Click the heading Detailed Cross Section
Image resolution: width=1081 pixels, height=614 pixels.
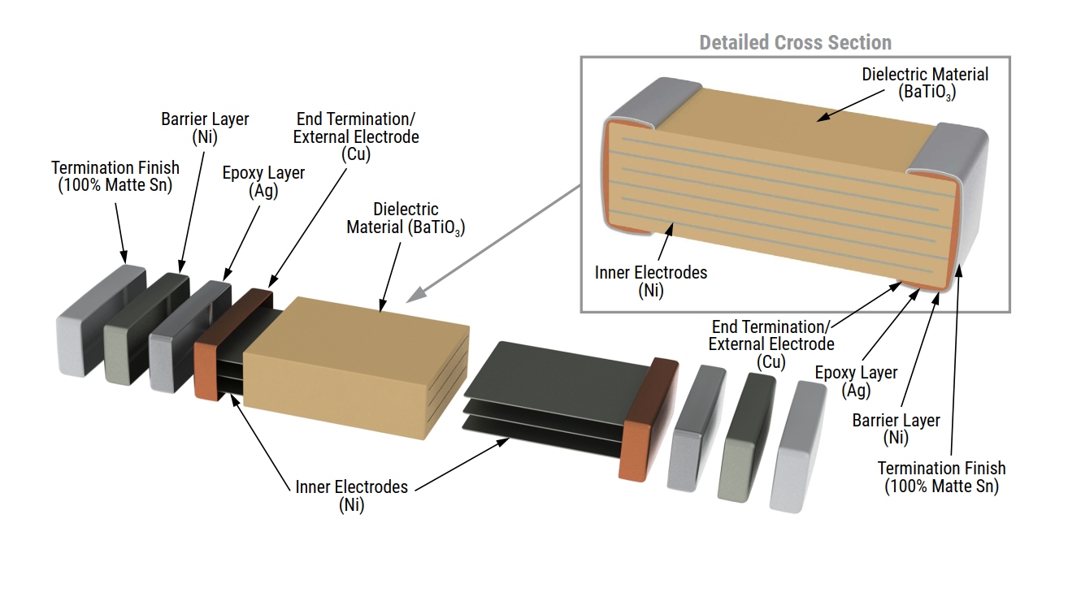click(795, 42)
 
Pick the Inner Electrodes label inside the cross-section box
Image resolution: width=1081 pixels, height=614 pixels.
click(650, 281)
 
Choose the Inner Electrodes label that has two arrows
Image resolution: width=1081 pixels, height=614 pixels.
click(351, 495)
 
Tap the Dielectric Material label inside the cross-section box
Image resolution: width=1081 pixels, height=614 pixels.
click(925, 82)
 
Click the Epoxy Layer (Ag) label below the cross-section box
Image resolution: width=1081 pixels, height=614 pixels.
click(856, 381)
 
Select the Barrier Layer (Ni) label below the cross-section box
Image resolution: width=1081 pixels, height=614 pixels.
click(896, 429)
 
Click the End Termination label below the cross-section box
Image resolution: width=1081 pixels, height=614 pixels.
click(771, 344)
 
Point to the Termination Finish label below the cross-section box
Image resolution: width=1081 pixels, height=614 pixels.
click(941, 477)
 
